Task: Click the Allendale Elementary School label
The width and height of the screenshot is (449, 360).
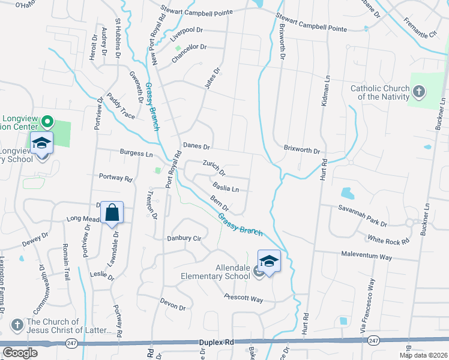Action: point(215,272)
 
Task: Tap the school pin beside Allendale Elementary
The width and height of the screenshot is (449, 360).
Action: point(270,262)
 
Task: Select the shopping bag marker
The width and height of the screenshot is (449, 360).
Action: point(112,213)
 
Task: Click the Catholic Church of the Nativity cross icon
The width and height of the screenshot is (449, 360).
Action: point(419,92)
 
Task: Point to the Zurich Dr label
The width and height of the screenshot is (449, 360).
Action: point(214,167)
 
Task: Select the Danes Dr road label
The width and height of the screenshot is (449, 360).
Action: point(196,146)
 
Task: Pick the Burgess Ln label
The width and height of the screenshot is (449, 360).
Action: point(136,154)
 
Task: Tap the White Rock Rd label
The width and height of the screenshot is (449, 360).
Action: point(388,238)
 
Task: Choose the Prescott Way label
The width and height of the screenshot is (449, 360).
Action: point(244,298)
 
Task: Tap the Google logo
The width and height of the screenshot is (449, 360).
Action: point(20,353)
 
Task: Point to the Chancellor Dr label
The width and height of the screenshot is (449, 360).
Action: point(189,54)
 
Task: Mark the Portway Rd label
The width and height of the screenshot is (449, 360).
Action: point(115,178)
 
